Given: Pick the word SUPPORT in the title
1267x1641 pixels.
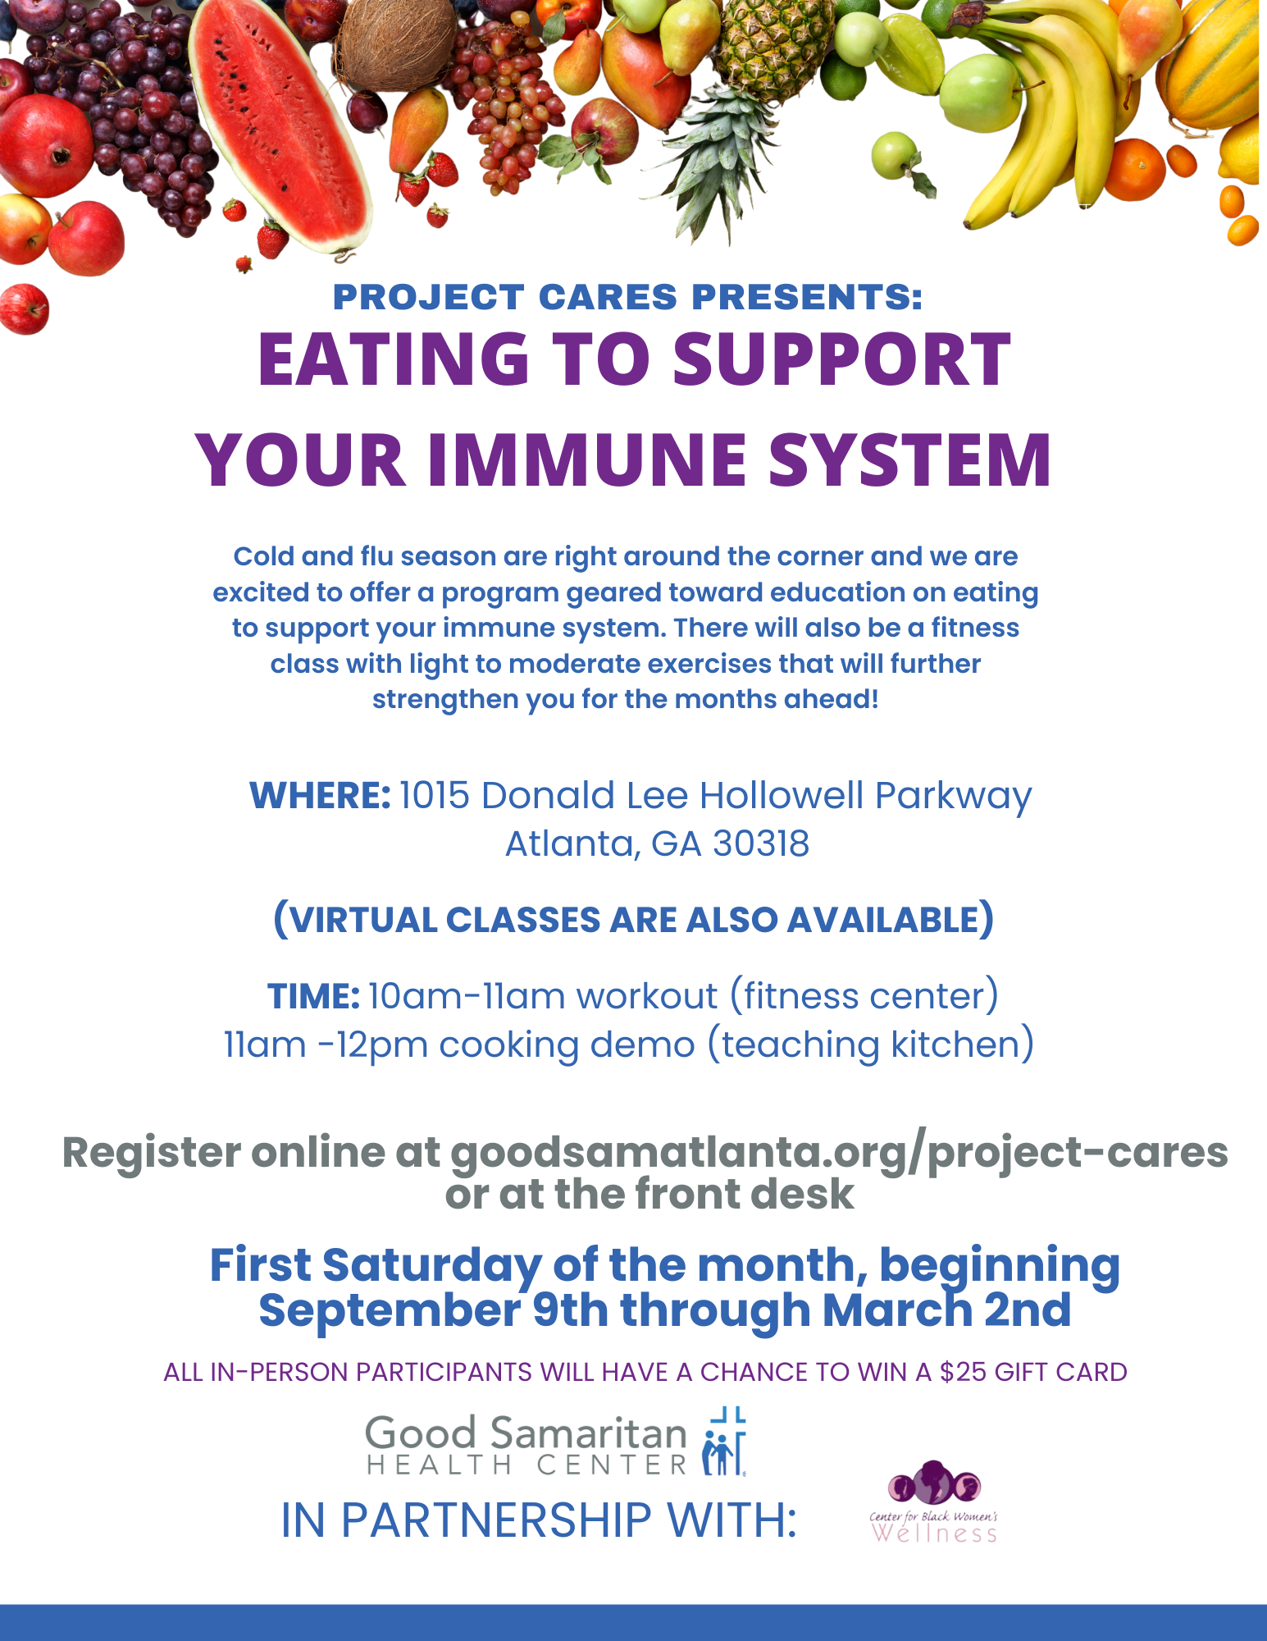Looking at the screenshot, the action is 841,359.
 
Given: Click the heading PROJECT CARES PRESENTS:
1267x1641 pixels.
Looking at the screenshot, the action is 627,297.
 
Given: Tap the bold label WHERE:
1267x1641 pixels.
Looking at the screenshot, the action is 320,795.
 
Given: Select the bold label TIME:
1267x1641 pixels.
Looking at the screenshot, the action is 313,996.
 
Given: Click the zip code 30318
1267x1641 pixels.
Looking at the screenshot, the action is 761,843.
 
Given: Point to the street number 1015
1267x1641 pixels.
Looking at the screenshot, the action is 434,795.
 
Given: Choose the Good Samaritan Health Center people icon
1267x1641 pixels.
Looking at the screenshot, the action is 724,1442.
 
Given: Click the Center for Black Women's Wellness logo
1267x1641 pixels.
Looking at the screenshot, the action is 934,1502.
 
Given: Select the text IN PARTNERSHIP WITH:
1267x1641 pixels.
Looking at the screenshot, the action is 539,1520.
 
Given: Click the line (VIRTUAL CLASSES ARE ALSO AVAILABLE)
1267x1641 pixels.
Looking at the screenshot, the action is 633,920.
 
